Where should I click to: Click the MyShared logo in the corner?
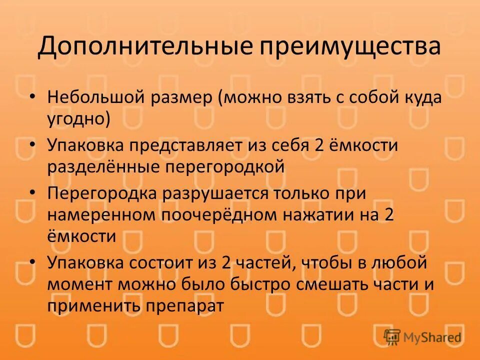coord(422,337)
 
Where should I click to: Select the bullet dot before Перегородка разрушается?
coord(32,193)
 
